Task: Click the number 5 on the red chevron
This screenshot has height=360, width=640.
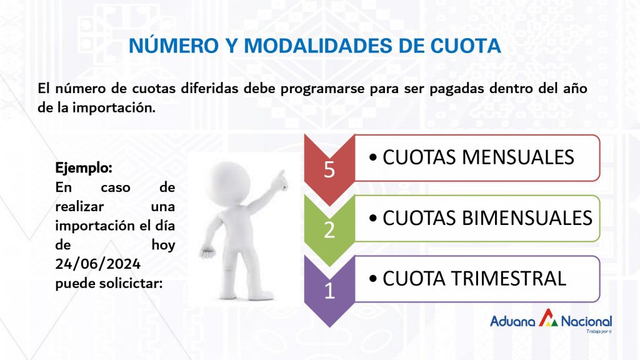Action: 329,169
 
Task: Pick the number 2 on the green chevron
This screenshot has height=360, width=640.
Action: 329,230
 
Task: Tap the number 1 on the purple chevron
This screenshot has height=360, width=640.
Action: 330,291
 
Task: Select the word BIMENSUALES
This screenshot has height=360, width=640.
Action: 527,218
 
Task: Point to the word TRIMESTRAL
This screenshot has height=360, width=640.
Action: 508,279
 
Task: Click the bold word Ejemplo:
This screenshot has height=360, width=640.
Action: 84,167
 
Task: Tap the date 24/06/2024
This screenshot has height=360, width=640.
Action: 98,264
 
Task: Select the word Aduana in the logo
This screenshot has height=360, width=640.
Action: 512,322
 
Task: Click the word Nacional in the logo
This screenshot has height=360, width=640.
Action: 586,322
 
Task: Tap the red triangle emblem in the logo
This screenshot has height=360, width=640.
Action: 548,317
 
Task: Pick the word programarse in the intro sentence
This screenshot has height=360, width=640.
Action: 322,89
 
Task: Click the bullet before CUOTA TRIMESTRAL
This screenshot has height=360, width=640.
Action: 372,279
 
